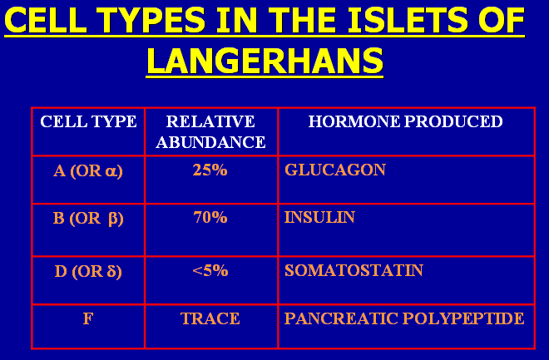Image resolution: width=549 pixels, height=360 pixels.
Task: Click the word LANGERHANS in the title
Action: [x=265, y=61]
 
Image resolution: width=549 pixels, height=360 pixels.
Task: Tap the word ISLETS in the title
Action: [x=408, y=20]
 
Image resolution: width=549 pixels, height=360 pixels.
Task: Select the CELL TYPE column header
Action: [x=88, y=121]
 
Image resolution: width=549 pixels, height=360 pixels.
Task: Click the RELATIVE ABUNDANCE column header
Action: [x=210, y=131]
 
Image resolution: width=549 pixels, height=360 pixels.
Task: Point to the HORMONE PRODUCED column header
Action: [x=405, y=121]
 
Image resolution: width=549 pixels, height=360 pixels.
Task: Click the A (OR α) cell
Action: [x=88, y=171]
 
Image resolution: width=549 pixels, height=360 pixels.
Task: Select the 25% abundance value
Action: [x=210, y=170]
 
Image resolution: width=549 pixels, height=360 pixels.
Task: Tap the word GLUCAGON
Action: [x=335, y=170]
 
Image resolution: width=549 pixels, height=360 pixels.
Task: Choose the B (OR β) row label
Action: [x=88, y=219]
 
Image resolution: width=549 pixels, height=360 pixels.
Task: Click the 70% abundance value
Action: [x=210, y=217]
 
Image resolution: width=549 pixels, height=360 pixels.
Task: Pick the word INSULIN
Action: [x=319, y=217]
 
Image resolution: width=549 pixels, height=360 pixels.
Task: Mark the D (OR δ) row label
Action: [x=88, y=272]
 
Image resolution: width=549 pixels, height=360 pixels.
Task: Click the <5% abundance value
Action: [x=210, y=270]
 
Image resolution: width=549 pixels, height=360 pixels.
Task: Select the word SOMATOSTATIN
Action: [x=354, y=270]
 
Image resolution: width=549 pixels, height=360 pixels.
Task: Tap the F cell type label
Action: [x=88, y=318]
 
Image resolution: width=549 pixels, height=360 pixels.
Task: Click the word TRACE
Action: [x=210, y=318]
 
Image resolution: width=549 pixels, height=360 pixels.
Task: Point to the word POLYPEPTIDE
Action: [x=463, y=318]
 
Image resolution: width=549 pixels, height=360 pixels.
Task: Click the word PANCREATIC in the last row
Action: [x=341, y=318]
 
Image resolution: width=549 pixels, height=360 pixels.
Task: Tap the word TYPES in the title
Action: [x=151, y=20]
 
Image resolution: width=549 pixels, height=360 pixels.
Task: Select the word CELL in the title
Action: [x=46, y=20]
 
